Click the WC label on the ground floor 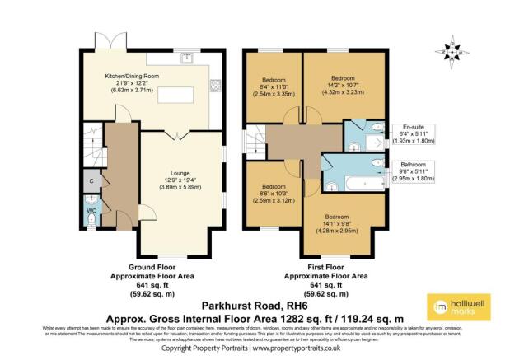91,210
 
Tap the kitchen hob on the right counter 217,83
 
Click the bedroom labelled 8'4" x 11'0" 273,85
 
